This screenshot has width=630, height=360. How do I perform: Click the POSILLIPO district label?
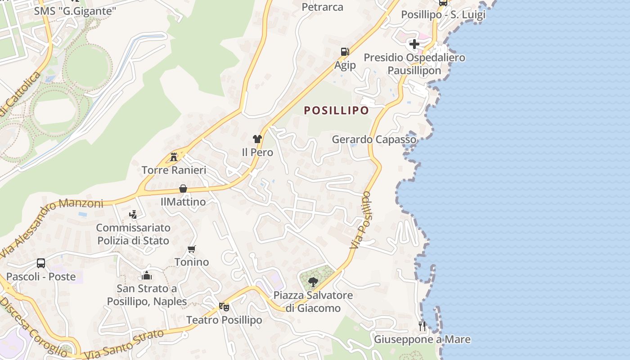tap(336, 110)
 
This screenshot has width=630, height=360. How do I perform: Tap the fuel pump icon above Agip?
tap(345, 52)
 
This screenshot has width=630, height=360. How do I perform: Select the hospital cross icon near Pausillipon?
tap(414, 44)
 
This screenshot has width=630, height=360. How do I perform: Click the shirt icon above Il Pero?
tap(257, 139)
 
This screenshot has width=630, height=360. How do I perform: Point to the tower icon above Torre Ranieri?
tap(174, 157)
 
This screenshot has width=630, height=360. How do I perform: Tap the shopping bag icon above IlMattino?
tap(183, 189)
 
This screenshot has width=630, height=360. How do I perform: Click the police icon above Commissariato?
tap(133, 214)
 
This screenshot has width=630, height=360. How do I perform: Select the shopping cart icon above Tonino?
tap(192, 249)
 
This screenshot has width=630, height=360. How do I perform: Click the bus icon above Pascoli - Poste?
tap(41, 263)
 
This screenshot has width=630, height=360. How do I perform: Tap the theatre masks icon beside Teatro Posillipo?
tap(224, 307)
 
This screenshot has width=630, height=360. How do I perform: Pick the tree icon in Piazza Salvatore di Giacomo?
tap(313, 282)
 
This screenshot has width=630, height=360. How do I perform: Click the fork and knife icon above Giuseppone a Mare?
tap(422, 326)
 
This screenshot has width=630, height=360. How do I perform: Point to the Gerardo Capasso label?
tap(374, 139)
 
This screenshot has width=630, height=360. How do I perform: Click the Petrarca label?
tap(322, 7)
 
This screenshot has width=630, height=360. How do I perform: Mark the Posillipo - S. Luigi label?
tap(443, 14)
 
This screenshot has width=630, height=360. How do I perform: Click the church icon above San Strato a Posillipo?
tap(147, 275)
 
